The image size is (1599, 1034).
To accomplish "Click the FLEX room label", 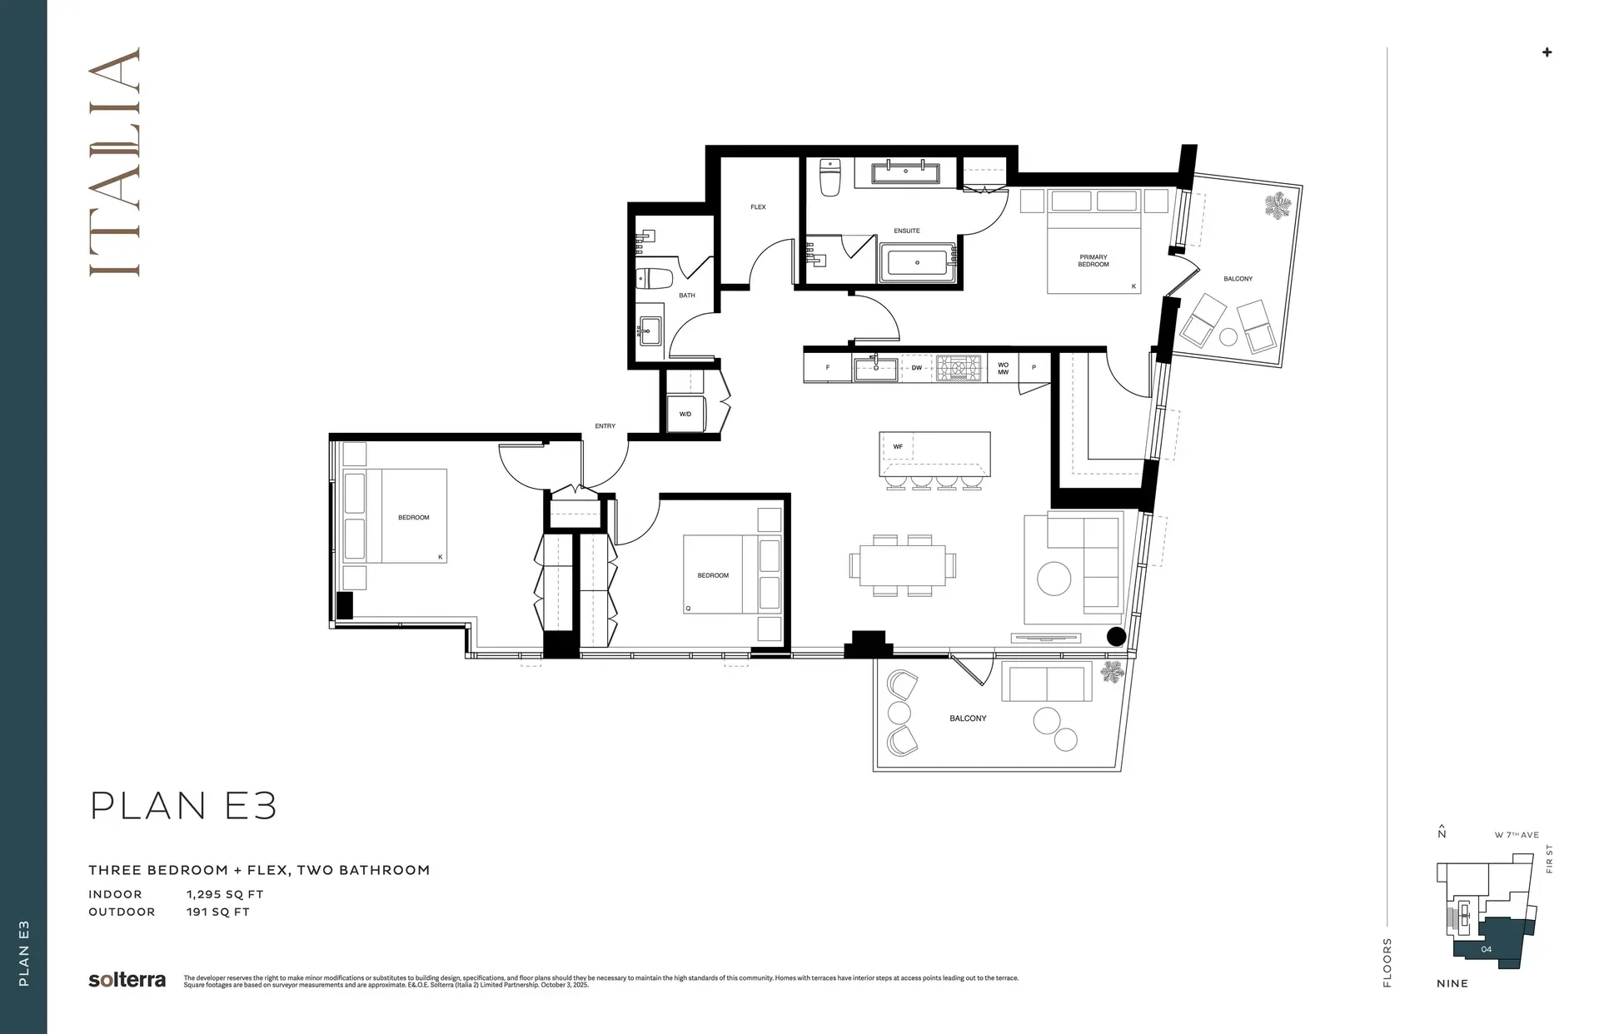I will pos(758,207).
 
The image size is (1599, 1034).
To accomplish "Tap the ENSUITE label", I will pos(907,231).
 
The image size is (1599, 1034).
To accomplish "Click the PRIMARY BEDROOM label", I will pos(1093,261).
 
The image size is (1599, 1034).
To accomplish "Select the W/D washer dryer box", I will pos(685,414).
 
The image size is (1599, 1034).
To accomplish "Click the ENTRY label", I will pos(605,426).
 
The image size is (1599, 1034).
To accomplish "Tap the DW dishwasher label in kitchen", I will pos(916,367).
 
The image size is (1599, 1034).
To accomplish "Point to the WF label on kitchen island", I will pos(898,447).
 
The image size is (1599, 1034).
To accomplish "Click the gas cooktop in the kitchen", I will pos(959,368).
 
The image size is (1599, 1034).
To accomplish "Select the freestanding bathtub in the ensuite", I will pos(917,263).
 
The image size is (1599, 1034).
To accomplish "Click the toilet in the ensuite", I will pos(830,177).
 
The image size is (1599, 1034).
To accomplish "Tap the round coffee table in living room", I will pos(1054,579).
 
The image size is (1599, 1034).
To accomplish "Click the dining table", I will pos(903,565).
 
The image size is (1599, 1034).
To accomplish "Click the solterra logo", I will pos(127,980).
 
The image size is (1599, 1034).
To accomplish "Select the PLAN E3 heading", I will pos(183,806).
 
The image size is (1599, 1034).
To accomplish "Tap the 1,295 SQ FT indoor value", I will pos(225,894).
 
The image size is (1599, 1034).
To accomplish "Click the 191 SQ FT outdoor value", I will pos(218,912).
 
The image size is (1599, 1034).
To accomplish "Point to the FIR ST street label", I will pos(1549,858).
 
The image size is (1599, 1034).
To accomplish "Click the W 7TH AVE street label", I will pos(1517,835).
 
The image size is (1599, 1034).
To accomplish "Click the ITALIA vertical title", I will pos(114,162).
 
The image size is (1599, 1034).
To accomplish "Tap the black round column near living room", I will pos(1116,637).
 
